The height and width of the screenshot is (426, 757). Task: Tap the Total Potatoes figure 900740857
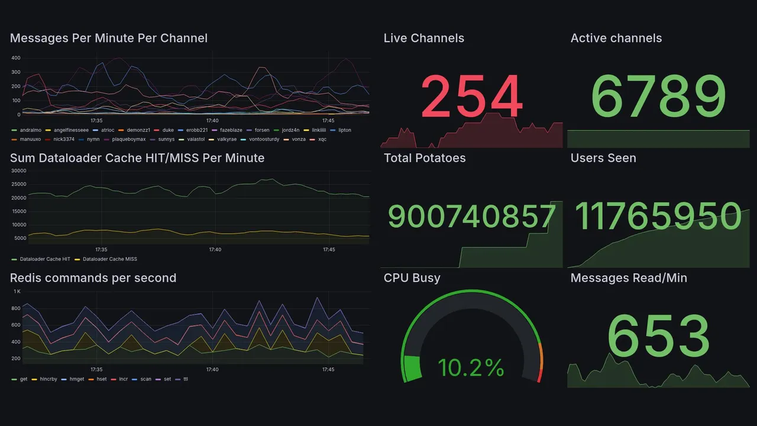[471, 217]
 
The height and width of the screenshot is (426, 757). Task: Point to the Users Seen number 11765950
[658, 217]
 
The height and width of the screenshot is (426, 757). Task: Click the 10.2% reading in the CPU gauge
[471, 368]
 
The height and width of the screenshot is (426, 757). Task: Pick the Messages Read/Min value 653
[658, 337]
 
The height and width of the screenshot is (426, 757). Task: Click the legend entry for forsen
[262, 130]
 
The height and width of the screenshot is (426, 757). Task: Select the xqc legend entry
[322, 140]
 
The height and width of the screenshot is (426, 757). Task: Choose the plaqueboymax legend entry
[124, 140]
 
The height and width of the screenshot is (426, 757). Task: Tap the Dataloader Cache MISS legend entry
[110, 259]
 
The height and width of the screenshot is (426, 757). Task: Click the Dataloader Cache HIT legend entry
[45, 259]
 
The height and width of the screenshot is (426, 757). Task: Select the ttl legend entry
[186, 379]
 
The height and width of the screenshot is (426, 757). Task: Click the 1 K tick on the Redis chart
[17, 292]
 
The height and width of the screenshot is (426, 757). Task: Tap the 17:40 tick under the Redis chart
[212, 370]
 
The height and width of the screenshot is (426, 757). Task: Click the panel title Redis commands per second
[93, 278]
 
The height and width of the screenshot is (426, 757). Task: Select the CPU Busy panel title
[412, 278]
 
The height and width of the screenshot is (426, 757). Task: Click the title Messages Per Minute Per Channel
[109, 38]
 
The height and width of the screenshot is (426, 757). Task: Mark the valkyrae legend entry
[227, 140]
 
